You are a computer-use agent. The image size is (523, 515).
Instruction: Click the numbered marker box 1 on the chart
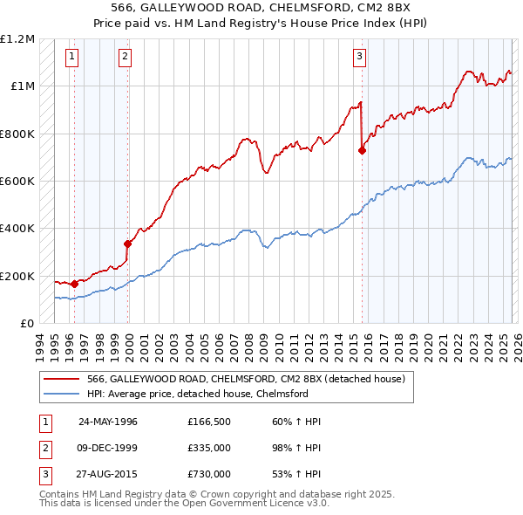(x=71, y=58)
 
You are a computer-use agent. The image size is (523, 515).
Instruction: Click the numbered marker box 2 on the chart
(x=126, y=58)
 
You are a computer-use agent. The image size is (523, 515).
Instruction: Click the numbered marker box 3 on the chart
(x=358, y=58)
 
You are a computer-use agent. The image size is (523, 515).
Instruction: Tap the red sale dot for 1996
(x=74, y=284)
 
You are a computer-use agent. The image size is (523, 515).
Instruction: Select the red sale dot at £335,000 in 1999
(x=127, y=244)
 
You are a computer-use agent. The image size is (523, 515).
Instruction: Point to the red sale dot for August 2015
(x=362, y=150)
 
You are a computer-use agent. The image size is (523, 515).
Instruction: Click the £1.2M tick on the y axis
(x=17, y=39)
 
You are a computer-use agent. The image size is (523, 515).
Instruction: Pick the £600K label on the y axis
(x=17, y=182)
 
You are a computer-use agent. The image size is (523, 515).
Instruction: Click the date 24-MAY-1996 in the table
(x=108, y=422)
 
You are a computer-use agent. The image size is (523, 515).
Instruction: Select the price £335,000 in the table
(x=209, y=448)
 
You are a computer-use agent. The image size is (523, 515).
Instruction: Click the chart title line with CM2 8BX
(x=261, y=8)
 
